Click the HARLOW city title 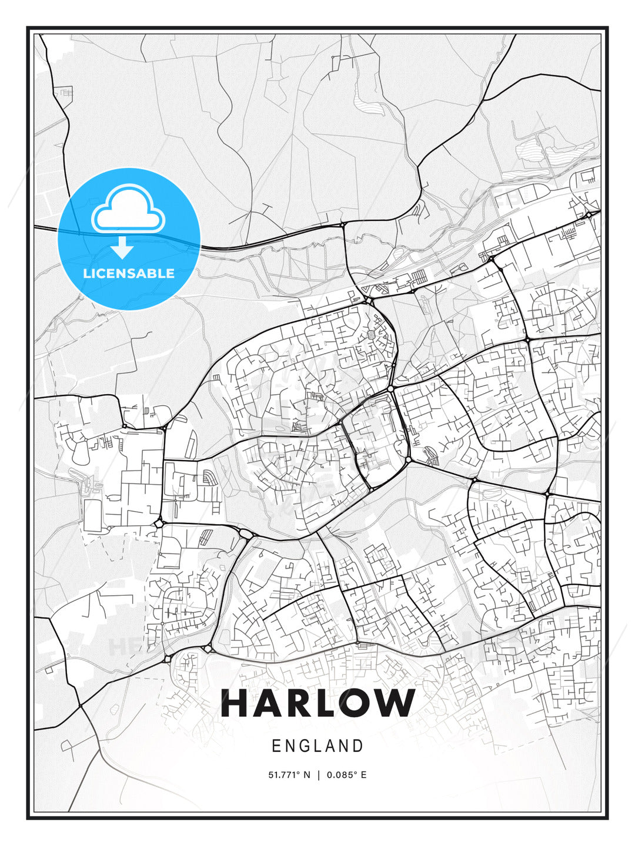tap(317, 703)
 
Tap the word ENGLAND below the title tap(317, 746)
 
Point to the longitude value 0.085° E tap(347, 775)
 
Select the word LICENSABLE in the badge tap(129, 273)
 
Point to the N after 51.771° tap(306, 775)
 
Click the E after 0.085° tap(363, 775)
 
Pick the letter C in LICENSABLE tap(105, 273)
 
